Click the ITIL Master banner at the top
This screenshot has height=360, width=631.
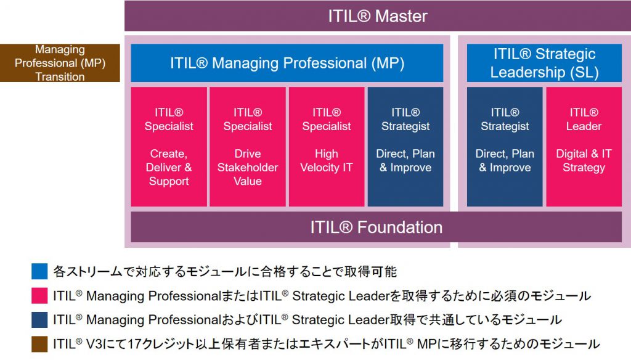pos(378,15)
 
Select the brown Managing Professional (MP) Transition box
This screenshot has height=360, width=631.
pos(60,63)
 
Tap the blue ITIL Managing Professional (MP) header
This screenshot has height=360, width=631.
pos(287,63)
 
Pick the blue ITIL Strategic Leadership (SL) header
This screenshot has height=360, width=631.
pos(544,63)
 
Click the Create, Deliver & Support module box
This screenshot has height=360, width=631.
pos(169,147)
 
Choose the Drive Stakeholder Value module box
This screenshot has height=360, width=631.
pos(248,147)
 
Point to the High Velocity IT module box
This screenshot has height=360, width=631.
pos(327,147)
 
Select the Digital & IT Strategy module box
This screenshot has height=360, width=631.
pos(584,147)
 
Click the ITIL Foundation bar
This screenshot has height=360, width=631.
pos(377,227)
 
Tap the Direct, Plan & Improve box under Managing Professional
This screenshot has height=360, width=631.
pos(405,147)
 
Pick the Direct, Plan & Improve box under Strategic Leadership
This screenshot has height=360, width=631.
pos(505,147)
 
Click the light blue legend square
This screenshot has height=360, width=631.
pos(39,271)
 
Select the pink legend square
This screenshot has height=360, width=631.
pos(39,295)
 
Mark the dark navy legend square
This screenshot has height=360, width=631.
pos(39,320)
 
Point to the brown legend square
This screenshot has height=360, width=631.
pos(39,344)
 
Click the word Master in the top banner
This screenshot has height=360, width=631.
pos(401,16)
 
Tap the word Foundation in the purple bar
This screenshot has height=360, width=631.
pos(399,227)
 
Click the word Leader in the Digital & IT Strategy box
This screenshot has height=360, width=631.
pos(584,126)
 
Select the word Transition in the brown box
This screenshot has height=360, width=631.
pos(60,76)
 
